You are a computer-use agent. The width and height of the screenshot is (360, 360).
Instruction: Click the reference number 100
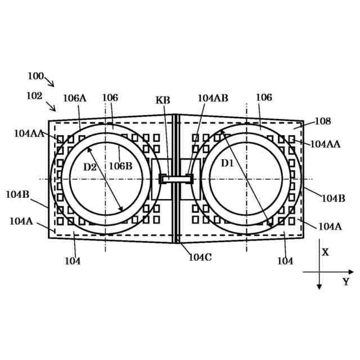click(35, 75)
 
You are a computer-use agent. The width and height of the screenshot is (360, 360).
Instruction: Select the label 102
click(34, 96)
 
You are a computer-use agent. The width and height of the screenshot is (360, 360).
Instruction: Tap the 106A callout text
click(74, 98)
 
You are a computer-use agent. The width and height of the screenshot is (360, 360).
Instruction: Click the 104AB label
click(213, 97)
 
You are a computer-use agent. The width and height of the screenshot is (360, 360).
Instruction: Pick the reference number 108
click(323, 121)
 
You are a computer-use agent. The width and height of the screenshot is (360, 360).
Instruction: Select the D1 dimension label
click(227, 163)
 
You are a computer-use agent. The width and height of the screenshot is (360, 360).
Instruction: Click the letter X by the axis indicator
click(325, 253)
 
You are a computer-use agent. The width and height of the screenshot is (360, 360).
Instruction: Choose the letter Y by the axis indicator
click(346, 282)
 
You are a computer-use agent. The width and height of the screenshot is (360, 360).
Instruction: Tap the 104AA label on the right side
click(325, 144)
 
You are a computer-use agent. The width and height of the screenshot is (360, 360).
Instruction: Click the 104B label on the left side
click(18, 195)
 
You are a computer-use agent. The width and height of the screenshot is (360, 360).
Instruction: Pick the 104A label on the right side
click(330, 226)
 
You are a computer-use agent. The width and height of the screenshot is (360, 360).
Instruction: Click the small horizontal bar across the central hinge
click(176, 179)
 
